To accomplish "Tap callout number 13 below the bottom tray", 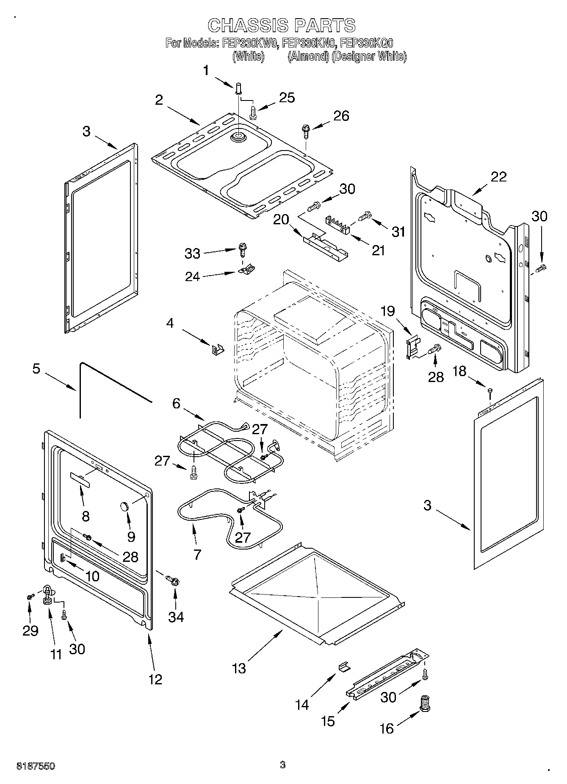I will pos(239,669).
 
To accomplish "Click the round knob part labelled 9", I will pos(124,506).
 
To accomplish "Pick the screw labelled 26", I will pos(305,130).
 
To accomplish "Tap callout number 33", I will pos(192,254).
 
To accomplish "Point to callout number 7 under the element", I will pos(197,554).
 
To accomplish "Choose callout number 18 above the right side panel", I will pos(459,371).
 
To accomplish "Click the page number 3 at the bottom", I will pos(283,765).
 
